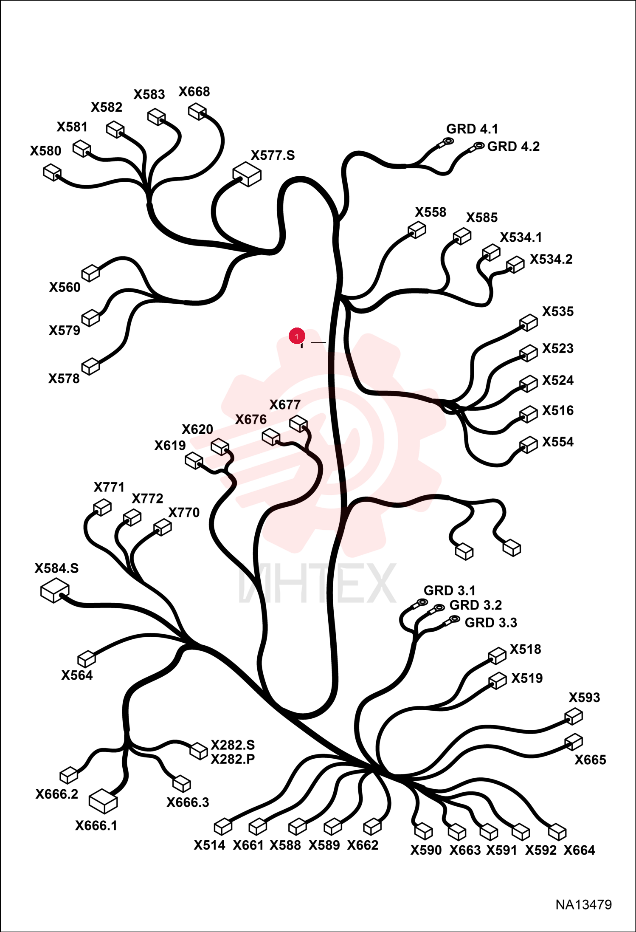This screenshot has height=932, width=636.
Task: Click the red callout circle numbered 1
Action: click(x=297, y=336)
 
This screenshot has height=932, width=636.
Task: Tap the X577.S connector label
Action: click(x=273, y=155)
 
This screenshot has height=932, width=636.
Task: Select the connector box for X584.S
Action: click(x=55, y=590)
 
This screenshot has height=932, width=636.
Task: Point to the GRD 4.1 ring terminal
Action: click(x=447, y=141)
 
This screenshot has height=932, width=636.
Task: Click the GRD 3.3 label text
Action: click(x=491, y=623)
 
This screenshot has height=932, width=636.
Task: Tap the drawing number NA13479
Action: click(x=584, y=905)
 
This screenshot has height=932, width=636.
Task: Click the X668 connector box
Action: click(x=197, y=112)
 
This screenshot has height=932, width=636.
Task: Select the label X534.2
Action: click(x=551, y=259)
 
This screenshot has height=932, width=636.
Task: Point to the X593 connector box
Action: click(x=574, y=717)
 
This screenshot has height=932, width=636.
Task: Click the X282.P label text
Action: click(x=233, y=759)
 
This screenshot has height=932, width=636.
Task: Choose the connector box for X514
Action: click(x=223, y=827)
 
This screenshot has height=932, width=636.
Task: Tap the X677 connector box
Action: click(x=298, y=424)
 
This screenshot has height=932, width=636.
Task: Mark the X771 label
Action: click(x=109, y=487)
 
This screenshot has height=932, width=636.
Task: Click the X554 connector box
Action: click(x=529, y=445)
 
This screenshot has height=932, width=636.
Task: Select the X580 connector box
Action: click(x=52, y=172)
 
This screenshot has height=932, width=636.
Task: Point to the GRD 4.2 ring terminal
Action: click(x=478, y=146)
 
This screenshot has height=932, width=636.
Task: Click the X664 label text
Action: click(x=579, y=850)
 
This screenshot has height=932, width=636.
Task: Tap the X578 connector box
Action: click(x=90, y=366)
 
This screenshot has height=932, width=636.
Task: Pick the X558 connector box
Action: click(x=417, y=230)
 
